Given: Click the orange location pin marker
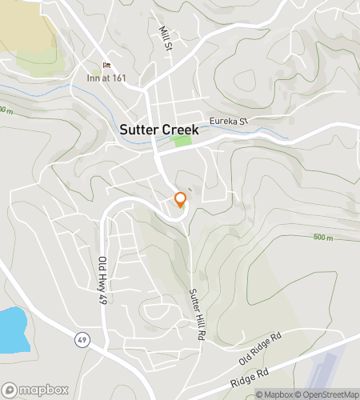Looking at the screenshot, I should [180, 200].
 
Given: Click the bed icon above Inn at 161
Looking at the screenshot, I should [106, 66].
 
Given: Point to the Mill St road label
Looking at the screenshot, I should [166, 37].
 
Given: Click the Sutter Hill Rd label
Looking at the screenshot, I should [193, 314].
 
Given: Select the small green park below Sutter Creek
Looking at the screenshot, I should [182, 141].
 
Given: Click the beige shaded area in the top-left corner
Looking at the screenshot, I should [24, 24].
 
